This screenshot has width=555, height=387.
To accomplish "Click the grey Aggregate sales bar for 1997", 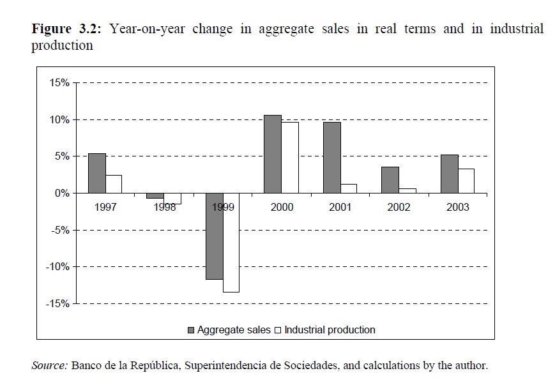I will (96, 173).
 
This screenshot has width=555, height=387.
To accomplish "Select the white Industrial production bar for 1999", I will (231, 243).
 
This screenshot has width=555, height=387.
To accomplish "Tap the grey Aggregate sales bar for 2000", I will (273, 154).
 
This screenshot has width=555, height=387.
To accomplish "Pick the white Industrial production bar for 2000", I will (289, 157).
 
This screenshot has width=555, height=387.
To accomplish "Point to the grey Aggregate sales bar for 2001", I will (331, 157).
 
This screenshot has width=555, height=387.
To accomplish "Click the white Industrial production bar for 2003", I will (466, 181).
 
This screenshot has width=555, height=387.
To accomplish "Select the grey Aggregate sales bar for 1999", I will (214, 236).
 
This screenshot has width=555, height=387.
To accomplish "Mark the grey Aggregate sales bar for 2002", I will (390, 179).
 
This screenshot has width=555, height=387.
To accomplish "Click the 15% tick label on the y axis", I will (58, 83).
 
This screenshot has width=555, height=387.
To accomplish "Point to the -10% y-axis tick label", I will (56, 267).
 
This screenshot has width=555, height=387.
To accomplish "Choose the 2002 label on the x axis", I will (399, 207).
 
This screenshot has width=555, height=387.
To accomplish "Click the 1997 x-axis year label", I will (105, 207).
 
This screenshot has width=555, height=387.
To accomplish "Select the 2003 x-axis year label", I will (458, 207).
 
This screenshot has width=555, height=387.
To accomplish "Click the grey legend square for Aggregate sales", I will (191, 330).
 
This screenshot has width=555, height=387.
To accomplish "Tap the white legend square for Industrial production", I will (278, 330).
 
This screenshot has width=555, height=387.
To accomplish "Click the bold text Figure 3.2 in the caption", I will (69, 29).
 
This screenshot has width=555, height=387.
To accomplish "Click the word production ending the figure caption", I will (62, 46).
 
